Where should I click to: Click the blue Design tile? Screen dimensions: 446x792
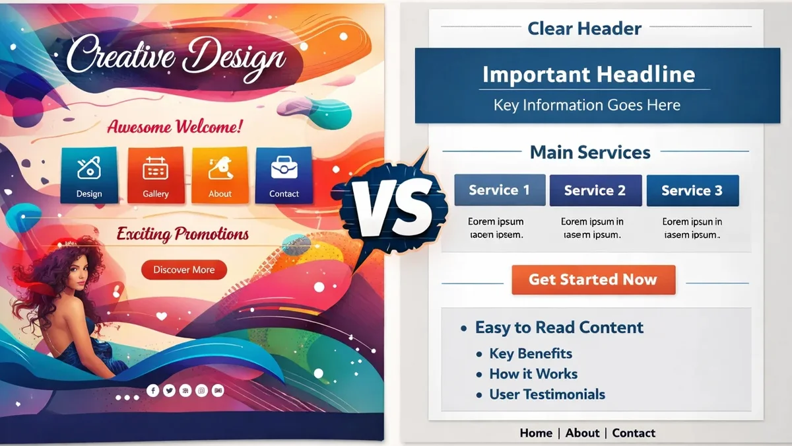pyautogui.click(x=89, y=174)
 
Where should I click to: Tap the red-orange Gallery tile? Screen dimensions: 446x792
pyautogui.click(x=156, y=174)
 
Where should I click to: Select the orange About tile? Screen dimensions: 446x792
pyautogui.click(x=220, y=174)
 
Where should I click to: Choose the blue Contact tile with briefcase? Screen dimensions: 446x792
pyautogui.click(x=284, y=174)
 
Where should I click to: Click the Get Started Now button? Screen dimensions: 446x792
pyautogui.click(x=593, y=279)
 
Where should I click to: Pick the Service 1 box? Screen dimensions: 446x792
pyautogui.click(x=500, y=190)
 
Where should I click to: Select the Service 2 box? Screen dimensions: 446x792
pyautogui.click(x=595, y=190)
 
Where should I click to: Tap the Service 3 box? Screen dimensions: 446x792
pyautogui.click(x=692, y=190)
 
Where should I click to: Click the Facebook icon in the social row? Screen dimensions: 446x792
pyautogui.click(x=153, y=391)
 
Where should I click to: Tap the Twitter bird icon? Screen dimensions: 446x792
pyautogui.click(x=169, y=391)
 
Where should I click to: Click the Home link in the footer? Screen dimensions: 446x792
pyautogui.click(x=536, y=433)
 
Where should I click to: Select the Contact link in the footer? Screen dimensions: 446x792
pyautogui.click(x=634, y=433)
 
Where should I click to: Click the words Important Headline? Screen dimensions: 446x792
pyautogui.click(x=589, y=74)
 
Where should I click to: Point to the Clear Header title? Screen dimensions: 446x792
pyautogui.click(x=585, y=28)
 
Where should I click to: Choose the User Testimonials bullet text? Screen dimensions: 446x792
pyautogui.click(x=547, y=395)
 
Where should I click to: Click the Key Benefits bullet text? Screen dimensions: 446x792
pyautogui.click(x=531, y=353)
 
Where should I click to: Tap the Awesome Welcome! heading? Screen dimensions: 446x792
pyautogui.click(x=174, y=126)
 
